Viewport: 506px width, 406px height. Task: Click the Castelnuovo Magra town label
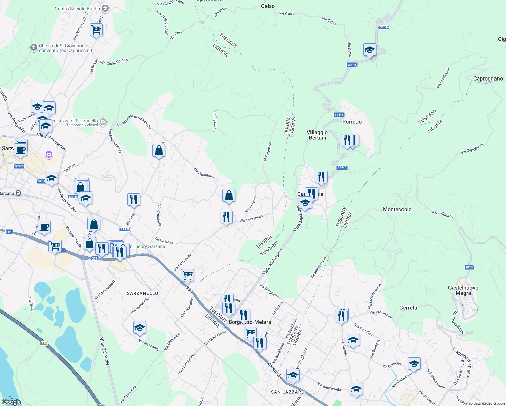pyautogui.click(x=463, y=290)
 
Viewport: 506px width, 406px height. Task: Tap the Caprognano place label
pyautogui.click(x=488, y=79)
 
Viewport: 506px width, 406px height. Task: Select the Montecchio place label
pyautogui.click(x=397, y=209)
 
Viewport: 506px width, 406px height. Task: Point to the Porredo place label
pyautogui.click(x=352, y=122)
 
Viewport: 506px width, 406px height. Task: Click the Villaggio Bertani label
pyautogui.click(x=317, y=135)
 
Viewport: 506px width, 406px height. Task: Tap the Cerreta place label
pyautogui.click(x=408, y=308)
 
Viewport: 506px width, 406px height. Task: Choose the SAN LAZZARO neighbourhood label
pyautogui.click(x=287, y=392)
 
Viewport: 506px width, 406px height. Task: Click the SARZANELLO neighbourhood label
pyautogui.click(x=142, y=293)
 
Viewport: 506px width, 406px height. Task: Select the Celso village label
pyautogui.click(x=268, y=6)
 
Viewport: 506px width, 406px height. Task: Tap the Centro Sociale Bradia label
pyautogui.click(x=77, y=9)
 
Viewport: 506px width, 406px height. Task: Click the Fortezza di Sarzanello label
pyautogui.click(x=75, y=121)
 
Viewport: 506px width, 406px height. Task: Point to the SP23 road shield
pyautogui.click(x=469, y=267)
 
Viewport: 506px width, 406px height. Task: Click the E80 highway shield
pyautogui.click(x=44, y=343)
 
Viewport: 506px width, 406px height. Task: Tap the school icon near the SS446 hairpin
pyautogui.click(x=370, y=50)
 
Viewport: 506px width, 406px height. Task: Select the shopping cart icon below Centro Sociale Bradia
pyautogui.click(x=96, y=30)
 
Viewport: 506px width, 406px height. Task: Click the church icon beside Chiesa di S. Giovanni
pyautogui.click(x=33, y=48)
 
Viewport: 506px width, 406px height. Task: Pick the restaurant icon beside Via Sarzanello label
pyautogui.click(x=226, y=217)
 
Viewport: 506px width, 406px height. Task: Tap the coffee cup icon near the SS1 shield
pyautogui.click(x=44, y=227)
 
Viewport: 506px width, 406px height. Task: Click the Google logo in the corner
pyautogui.click(x=11, y=402)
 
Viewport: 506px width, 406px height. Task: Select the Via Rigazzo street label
pyautogui.click(x=215, y=119)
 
